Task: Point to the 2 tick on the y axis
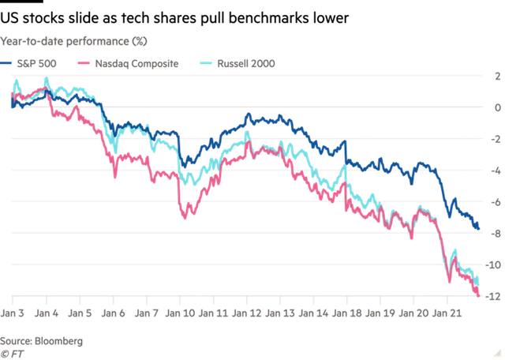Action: pyautogui.click(x=497, y=77)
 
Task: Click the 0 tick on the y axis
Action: pyautogui.click(x=497, y=107)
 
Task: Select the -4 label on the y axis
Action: pyautogui.click(x=496, y=171)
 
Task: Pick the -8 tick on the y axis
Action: pyautogui.click(x=496, y=234)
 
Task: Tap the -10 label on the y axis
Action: pyautogui.click(x=494, y=265)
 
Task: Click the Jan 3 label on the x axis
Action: pyautogui.click(x=13, y=313)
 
